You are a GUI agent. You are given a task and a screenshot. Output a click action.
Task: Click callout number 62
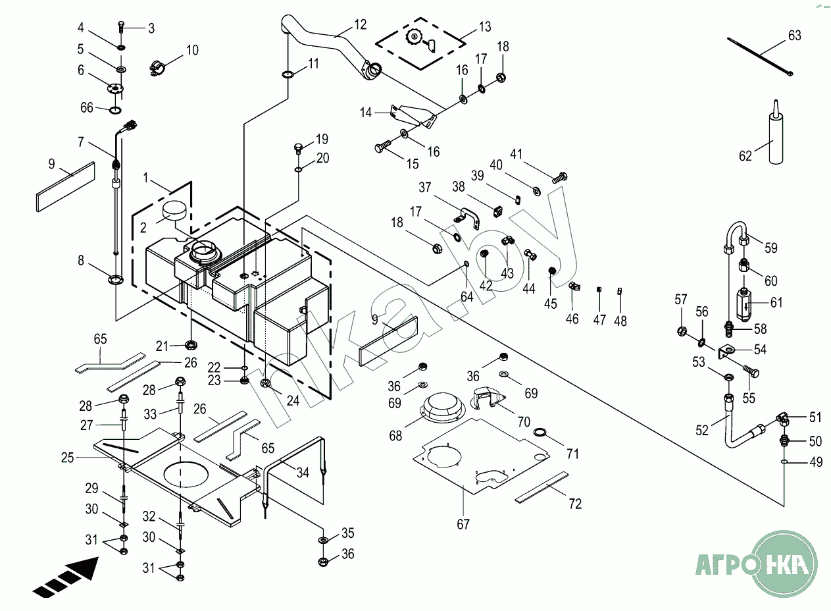[744, 156]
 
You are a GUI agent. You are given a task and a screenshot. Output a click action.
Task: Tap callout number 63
[795, 36]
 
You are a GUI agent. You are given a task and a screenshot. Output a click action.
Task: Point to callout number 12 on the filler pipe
[360, 24]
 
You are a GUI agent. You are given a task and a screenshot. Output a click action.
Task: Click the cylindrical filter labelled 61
[743, 308]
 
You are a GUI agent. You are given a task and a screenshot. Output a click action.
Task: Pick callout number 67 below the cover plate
[463, 524]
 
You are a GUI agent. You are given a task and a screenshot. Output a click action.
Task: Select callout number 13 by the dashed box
[484, 27]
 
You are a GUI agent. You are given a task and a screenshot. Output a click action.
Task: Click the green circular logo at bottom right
[786, 564]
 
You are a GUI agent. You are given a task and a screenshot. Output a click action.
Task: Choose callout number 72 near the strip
[575, 504]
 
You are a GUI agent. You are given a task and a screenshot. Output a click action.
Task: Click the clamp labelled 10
[159, 67]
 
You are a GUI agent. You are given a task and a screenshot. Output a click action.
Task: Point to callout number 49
[815, 463]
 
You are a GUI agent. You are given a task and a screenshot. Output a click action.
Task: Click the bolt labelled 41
[561, 176]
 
